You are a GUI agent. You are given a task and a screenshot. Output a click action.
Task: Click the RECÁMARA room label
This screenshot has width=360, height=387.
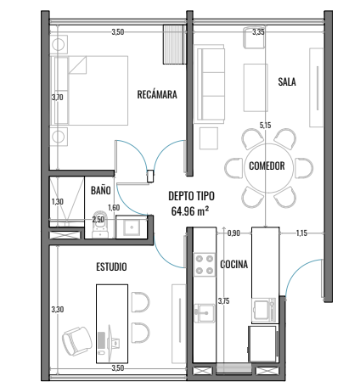coord(157,94)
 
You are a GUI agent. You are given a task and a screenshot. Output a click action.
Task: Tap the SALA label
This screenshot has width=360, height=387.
coord(287,81)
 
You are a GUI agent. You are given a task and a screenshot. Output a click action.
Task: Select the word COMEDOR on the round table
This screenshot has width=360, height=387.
coord(267,165)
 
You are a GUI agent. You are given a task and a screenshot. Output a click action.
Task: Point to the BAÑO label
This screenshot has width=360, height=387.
coord(101,190)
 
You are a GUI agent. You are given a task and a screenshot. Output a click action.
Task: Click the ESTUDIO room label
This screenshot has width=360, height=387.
coord(111,266)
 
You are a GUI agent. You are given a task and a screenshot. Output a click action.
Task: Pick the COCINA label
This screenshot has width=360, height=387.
coord(234,264)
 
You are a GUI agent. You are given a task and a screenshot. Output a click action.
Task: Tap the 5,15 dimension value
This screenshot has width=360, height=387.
coord(265,125)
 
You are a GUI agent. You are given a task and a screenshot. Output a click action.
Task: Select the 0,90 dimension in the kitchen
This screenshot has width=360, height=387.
coord(233,233)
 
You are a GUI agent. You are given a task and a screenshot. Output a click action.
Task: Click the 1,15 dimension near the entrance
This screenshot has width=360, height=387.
coord(301,233)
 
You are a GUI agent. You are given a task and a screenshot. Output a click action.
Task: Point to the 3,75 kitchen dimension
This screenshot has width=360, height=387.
coord(223,301)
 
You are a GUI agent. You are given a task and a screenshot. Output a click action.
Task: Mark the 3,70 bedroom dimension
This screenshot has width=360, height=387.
coord(58,98)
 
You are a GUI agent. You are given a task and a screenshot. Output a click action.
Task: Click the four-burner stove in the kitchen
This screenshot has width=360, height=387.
coord(205,265)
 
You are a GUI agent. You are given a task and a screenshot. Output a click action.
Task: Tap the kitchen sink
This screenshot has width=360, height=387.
coord(205,312)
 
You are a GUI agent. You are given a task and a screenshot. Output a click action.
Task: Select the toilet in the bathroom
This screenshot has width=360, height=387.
coord(100,223)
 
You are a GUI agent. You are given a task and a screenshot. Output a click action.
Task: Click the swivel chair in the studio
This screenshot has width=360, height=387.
coord(77,340)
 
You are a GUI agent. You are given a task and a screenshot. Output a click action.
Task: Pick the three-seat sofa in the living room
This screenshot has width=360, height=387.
coord(209,84)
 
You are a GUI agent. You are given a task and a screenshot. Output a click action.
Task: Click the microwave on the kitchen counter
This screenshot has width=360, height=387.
coord(264,310)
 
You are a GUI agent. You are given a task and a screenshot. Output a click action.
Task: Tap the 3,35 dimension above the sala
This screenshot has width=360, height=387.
coord(258,32)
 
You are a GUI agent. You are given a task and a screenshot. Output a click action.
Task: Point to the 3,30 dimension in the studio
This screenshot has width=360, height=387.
coord(58,310)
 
